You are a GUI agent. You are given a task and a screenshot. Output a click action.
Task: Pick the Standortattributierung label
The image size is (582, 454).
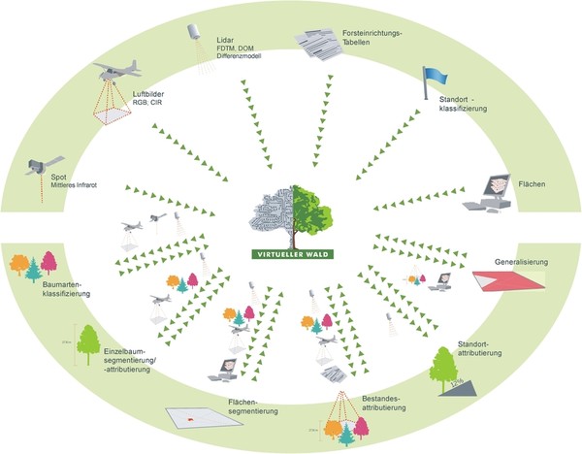481,349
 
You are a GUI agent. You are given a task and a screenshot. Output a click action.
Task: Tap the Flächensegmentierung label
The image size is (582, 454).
250,405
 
